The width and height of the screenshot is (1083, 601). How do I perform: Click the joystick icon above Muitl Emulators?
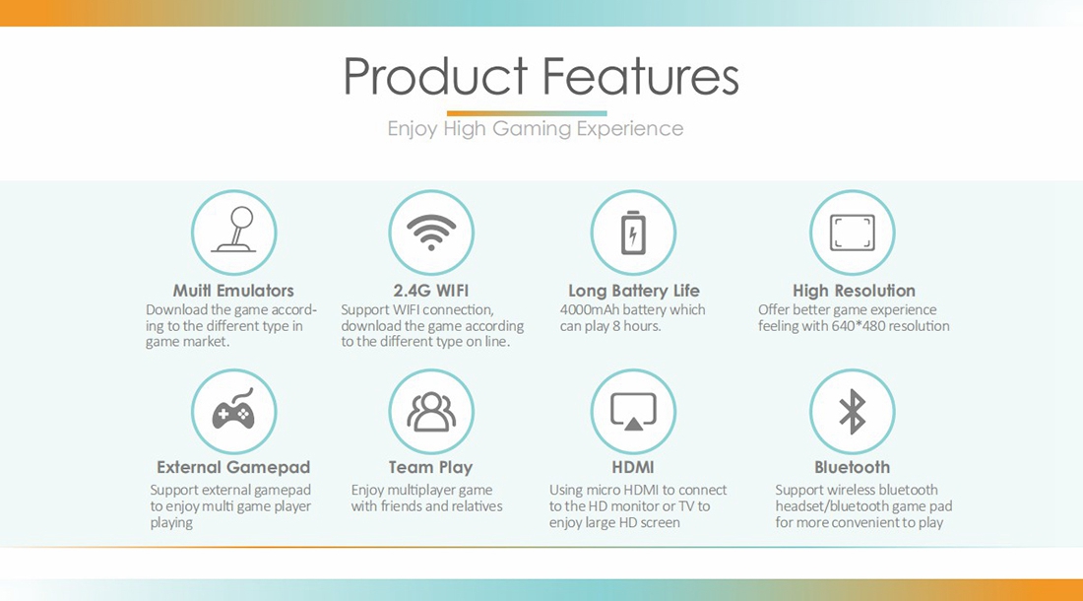pos(233,231)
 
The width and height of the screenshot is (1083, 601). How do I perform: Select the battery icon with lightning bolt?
pos(633,233)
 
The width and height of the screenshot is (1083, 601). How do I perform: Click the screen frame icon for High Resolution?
pos(852,233)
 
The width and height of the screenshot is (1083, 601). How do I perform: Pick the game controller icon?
pos(233,409)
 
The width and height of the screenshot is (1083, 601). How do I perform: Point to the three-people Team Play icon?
pos(431,412)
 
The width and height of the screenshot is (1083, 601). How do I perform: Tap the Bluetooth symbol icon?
pos(852,412)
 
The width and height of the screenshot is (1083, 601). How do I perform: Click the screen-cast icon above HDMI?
pos(633,412)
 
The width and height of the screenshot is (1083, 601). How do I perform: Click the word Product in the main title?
pos(436,76)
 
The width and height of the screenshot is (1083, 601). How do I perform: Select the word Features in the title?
pos(640,76)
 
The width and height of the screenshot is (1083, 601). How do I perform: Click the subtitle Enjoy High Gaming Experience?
pos(536,129)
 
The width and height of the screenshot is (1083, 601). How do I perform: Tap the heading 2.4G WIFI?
pos(431,291)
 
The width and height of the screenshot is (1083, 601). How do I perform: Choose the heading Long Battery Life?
pos(633,291)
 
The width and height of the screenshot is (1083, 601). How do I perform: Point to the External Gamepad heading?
pos(233,468)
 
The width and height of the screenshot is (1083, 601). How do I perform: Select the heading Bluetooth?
pos(852,468)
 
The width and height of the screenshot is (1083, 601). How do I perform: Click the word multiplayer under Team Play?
pos(419,491)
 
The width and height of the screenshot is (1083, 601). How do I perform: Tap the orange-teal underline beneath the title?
pos(527,113)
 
